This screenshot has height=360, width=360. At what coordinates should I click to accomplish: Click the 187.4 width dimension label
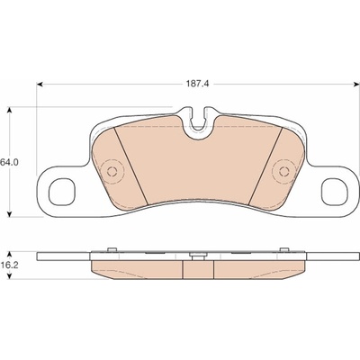click(x=197, y=85)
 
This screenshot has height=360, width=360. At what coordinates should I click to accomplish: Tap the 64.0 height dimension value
click(x=10, y=162)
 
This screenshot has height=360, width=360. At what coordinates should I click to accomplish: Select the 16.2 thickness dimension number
click(x=10, y=265)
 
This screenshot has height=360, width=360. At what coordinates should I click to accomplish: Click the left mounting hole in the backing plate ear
click(x=62, y=192)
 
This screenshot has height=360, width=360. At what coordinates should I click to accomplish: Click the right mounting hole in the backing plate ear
click(x=334, y=192)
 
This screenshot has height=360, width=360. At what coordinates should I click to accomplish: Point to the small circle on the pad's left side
click(x=112, y=172)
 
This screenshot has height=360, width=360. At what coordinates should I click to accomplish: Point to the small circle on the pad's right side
click(x=283, y=172)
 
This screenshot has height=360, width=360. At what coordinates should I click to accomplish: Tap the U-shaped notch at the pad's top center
click(x=198, y=126)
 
